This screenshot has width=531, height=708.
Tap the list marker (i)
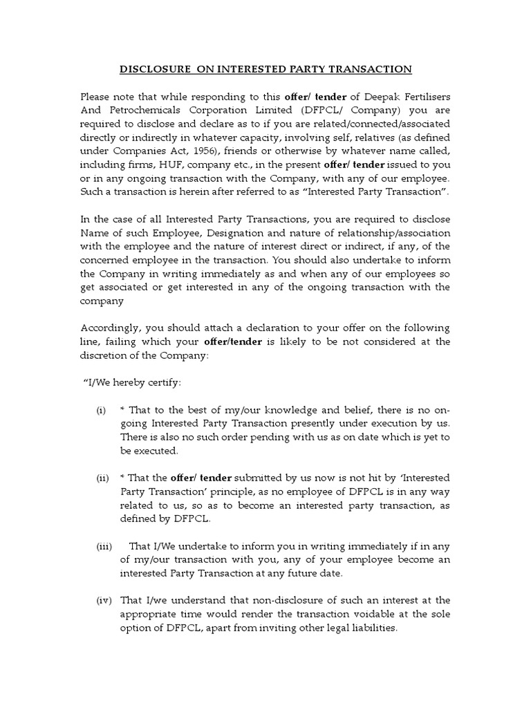point(102,411)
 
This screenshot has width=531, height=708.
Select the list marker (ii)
point(102,478)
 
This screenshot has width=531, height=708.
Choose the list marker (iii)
point(104,546)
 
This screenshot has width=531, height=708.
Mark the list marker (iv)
point(103,599)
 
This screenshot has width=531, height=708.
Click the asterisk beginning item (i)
point(122,411)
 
